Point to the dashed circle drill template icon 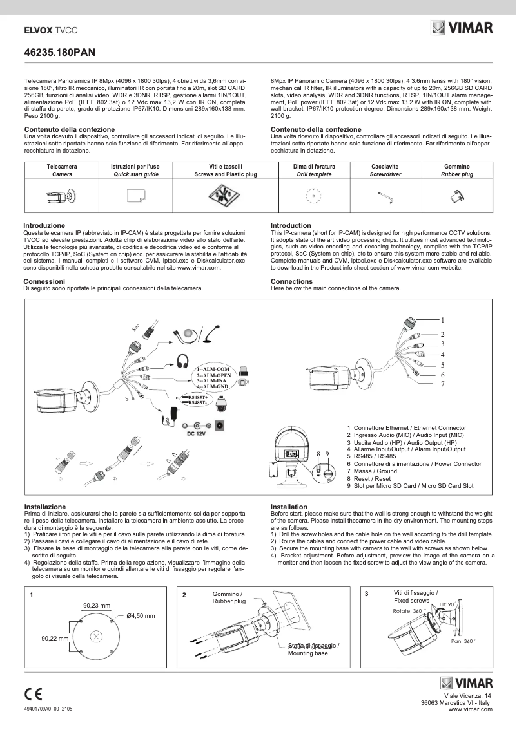[x=313, y=196]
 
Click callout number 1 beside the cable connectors [x=443, y=320]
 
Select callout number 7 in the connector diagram [x=443, y=384]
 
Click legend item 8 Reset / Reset [x=369, y=478]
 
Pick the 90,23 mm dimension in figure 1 [x=97, y=605]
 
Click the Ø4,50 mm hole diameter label [x=141, y=616]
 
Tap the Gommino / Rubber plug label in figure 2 [x=229, y=597]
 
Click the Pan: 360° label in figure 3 [x=462, y=641]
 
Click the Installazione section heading [x=44, y=507]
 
